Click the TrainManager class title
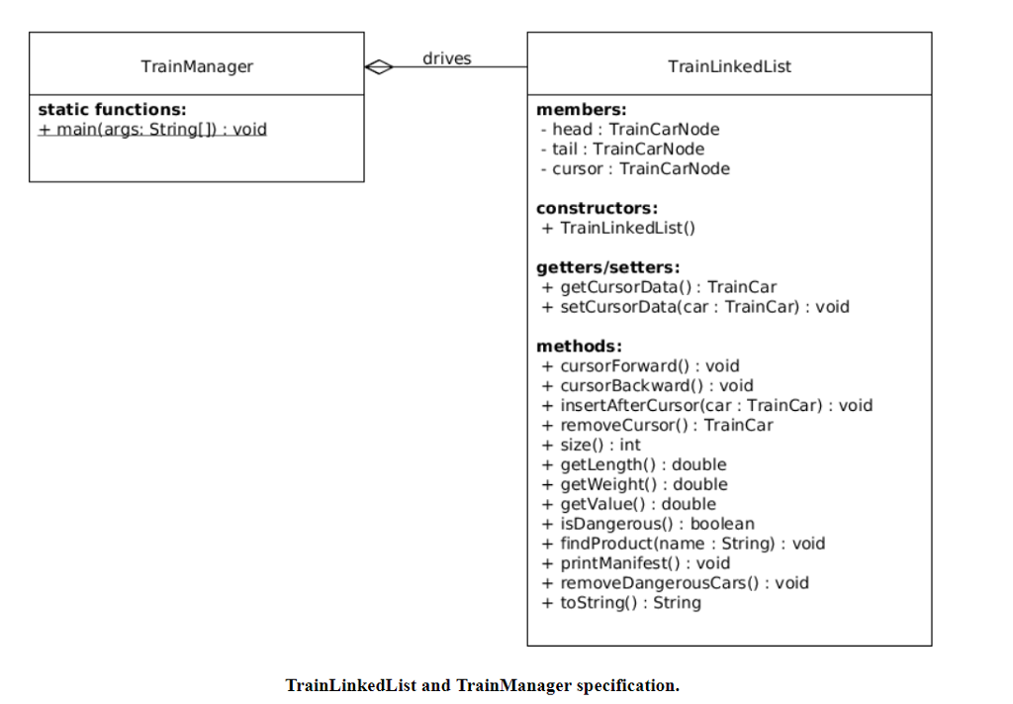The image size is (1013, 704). (197, 66)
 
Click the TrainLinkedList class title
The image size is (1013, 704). (729, 66)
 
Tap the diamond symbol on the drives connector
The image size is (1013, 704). (378, 67)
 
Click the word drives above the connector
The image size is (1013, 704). (447, 58)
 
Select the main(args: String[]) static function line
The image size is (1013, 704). (152, 129)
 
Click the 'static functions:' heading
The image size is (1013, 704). (112, 109)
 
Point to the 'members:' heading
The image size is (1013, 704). (581, 109)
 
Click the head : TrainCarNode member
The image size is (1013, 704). (629, 129)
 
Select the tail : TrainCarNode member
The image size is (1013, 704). (622, 149)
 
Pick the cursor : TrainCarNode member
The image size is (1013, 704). (634, 168)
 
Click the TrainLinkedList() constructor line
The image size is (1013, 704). (618, 228)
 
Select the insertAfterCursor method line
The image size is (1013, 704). (706, 405)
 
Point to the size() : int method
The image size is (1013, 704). (591, 445)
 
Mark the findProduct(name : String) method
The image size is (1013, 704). (683, 544)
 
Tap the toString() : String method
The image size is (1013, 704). (621, 602)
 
